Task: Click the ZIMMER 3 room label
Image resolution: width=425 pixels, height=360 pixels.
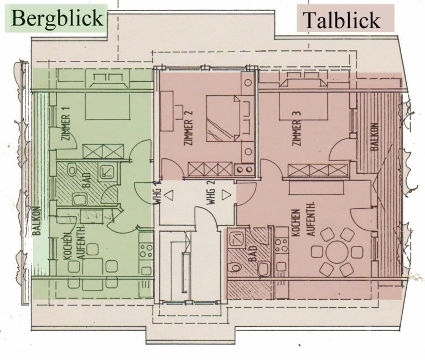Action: (x=297, y=128)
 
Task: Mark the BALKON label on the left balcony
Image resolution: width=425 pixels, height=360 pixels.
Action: (x=37, y=222)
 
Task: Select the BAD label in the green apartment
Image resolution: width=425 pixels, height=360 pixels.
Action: (x=86, y=183)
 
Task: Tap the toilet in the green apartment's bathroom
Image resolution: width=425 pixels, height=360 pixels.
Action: (x=77, y=199)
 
